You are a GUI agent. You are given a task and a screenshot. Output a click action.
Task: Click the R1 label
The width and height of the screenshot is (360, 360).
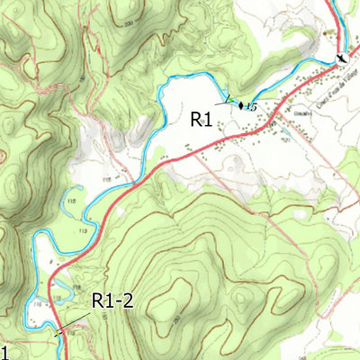pos(200,118)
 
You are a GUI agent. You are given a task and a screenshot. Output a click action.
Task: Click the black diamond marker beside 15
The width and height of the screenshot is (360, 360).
pos(241,105)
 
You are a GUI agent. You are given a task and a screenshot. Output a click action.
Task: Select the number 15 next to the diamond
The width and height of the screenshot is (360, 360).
pos(251,108)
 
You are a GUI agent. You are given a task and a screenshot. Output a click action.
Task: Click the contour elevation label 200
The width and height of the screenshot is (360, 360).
pos(129,22)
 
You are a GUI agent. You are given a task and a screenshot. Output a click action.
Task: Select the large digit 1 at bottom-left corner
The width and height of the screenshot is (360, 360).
pos(4,351)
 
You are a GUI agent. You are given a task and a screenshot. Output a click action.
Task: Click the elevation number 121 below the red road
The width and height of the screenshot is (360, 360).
pos(285,139)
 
